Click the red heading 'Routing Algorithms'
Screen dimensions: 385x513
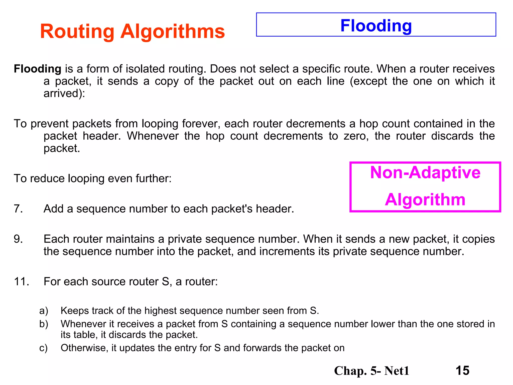pyautogui.click(x=132, y=31)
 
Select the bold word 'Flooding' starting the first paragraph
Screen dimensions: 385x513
pyautogui.click(x=38, y=69)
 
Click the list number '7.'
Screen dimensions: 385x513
pyautogui.click(x=18, y=209)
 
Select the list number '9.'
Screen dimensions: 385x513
pyautogui.click(x=18, y=239)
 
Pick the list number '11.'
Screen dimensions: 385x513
pyautogui.click(x=22, y=281)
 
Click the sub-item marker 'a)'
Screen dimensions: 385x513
pyautogui.click(x=44, y=311)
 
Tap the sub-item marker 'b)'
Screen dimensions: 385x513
pyautogui.click(x=44, y=324)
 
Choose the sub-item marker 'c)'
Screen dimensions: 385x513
pyautogui.click(x=44, y=348)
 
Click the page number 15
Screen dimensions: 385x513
pyautogui.click(x=462, y=370)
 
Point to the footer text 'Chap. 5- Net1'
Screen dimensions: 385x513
pyautogui.click(x=371, y=371)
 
